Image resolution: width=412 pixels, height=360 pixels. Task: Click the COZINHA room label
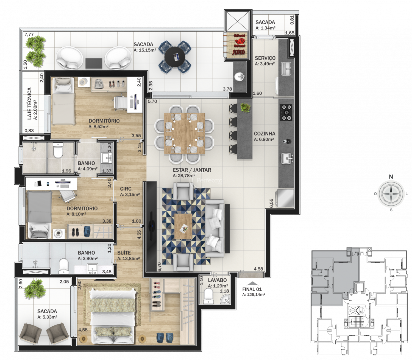(265, 134)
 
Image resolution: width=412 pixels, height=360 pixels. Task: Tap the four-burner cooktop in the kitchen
(286, 113)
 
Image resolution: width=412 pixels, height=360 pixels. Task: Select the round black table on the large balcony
(175, 57)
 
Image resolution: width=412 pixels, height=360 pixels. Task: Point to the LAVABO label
(217, 280)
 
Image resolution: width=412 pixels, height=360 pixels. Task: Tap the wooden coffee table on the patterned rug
(183, 226)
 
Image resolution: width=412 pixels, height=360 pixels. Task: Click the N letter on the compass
(391, 177)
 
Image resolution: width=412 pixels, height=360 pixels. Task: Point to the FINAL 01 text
(252, 289)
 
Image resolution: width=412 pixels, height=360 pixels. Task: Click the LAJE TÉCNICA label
(30, 103)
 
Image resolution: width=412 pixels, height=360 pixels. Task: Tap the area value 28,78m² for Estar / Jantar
(184, 176)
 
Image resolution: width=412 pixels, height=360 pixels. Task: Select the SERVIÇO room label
(265, 58)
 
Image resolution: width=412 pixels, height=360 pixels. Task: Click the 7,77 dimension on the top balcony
(29, 34)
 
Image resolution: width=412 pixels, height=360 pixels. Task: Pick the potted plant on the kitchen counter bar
(246, 108)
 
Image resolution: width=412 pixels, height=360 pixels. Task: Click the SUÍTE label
(124, 253)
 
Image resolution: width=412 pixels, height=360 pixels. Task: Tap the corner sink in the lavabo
(225, 299)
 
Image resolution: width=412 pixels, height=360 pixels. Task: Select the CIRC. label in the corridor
(126, 189)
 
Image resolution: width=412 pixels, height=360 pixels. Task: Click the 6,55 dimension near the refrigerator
(271, 203)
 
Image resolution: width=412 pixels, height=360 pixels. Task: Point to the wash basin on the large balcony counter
(240, 77)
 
